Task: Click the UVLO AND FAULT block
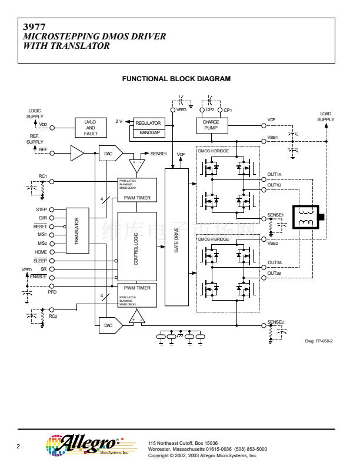pyautogui.click(x=91, y=127)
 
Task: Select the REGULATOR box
pyautogui.click(x=148, y=124)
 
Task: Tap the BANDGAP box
pyautogui.click(x=148, y=133)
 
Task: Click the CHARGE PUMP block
pyautogui.click(x=211, y=125)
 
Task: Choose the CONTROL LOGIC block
pyautogui.click(x=136, y=248)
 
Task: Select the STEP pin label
pyautogui.click(x=41, y=209)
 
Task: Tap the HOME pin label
pyautogui.click(x=41, y=252)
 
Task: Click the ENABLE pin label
pyautogui.click(x=38, y=277)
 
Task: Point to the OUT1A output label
pyautogui.click(x=275, y=175)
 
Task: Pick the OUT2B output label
pyautogui.click(x=275, y=273)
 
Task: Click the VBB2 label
pyautogui.click(x=273, y=242)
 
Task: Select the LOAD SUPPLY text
pyautogui.click(x=325, y=116)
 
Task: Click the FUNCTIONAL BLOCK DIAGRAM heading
pyautogui.click(x=176, y=79)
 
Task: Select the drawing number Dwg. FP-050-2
pyautogui.click(x=319, y=341)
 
